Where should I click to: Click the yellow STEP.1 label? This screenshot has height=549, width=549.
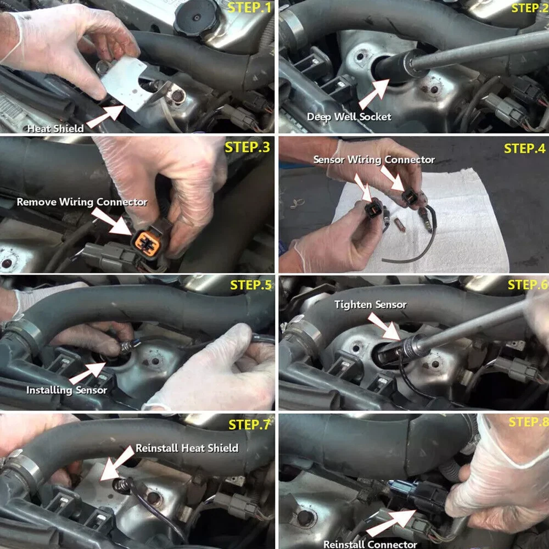click(x=249, y=7)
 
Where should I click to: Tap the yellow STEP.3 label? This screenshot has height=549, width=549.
click(x=247, y=147)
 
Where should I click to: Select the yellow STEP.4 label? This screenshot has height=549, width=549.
click(x=524, y=148)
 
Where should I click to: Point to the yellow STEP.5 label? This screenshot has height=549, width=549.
click(x=251, y=285)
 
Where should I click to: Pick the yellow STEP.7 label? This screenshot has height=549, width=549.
click(x=249, y=424)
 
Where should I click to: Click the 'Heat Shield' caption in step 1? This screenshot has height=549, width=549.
click(x=55, y=128)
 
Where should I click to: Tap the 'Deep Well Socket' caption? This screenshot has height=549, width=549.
click(x=349, y=116)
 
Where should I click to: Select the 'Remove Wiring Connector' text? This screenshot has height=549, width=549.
click(x=82, y=202)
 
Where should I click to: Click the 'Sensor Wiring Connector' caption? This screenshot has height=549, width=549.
click(x=374, y=160)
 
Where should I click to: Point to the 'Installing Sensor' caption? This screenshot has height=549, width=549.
click(x=66, y=390)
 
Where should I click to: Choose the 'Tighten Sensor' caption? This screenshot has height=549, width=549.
click(x=371, y=305)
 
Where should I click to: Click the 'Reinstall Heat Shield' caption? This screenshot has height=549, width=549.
click(x=187, y=448)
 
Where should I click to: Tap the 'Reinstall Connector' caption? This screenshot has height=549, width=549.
click(x=370, y=544)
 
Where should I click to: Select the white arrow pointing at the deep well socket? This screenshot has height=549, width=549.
click(x=374, y=94)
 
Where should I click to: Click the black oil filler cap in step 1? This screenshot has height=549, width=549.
click(x=197, y=18)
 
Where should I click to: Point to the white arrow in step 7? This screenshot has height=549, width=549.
click(x=117, y=463)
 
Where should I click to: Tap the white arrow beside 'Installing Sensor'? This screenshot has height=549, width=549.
click(x=87, y=373)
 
